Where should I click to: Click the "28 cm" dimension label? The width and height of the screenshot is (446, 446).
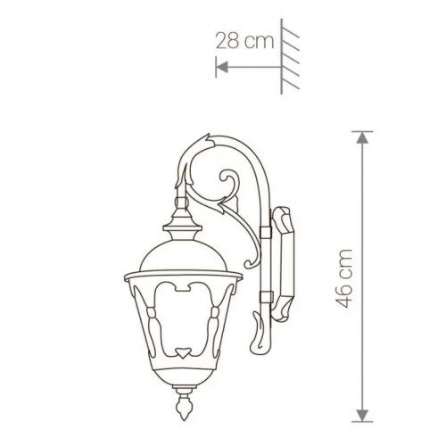tap(242, 40)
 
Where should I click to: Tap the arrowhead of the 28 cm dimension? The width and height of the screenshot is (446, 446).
tap(220, 65)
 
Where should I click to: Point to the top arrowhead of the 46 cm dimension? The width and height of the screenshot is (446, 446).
tap(361, 136)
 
